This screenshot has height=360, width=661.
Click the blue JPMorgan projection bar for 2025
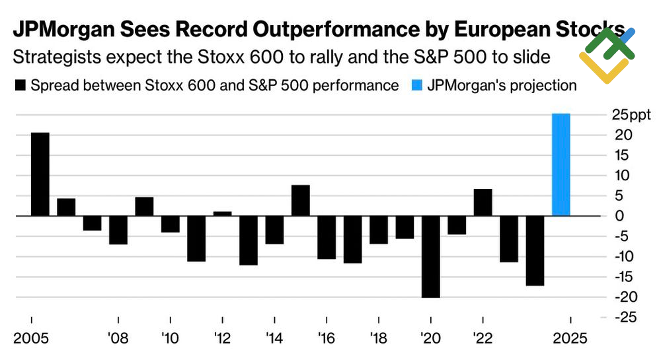pos(561,164)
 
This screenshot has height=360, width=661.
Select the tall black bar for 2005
pos(40,174)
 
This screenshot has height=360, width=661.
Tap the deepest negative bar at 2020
pos(431,256)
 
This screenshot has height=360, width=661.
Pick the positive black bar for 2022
pos(483,202)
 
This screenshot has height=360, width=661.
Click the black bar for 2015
pos(301,200)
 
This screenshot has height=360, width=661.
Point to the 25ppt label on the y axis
pos(631,115)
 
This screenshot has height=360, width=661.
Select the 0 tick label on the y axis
pos(619,216)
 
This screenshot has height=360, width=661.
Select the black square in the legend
pos(19,86)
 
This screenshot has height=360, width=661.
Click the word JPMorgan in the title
pos(67,31)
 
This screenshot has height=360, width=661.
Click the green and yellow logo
pos(606,55)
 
